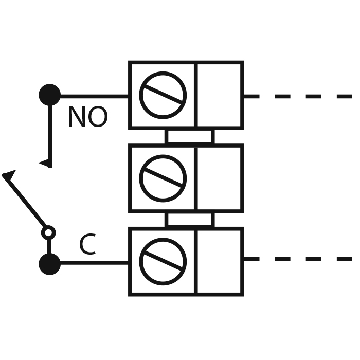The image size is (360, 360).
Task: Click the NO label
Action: click(87, 118)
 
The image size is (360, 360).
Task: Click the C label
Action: click(87, 245)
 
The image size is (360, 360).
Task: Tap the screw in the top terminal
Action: click(163, 95)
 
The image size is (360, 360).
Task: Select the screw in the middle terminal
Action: click(163, 178)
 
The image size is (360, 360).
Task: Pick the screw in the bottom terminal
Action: click(163, 261)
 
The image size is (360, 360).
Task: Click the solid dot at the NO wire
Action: click(49, 95)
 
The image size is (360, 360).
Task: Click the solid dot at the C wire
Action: click(49, 264)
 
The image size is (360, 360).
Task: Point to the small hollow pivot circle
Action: click(48, 233)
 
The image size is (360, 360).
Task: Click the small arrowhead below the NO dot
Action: click(45, 163)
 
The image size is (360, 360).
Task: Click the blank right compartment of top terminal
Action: click(219, 95)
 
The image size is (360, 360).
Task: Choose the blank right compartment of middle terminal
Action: click(219, 178)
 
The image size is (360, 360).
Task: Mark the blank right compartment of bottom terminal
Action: click(219, 261)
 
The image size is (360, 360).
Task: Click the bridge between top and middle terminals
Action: click(189, 136)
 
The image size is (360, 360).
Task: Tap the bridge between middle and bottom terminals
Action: click(189, 220)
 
